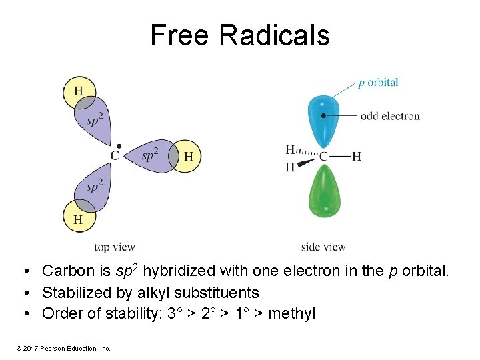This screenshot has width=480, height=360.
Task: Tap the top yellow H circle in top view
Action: (79, 92)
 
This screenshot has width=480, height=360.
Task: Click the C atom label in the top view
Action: (115, 156)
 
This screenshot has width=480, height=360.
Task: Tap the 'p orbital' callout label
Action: (378, 83)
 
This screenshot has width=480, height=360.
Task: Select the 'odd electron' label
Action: (390, 116)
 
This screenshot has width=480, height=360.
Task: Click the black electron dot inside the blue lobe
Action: (323, 115)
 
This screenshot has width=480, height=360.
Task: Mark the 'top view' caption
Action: (115, 247)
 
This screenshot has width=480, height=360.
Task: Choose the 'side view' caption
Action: (323, 247)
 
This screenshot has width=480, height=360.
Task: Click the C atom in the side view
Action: (324, 156)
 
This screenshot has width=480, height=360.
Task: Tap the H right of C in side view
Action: (357, 156)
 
